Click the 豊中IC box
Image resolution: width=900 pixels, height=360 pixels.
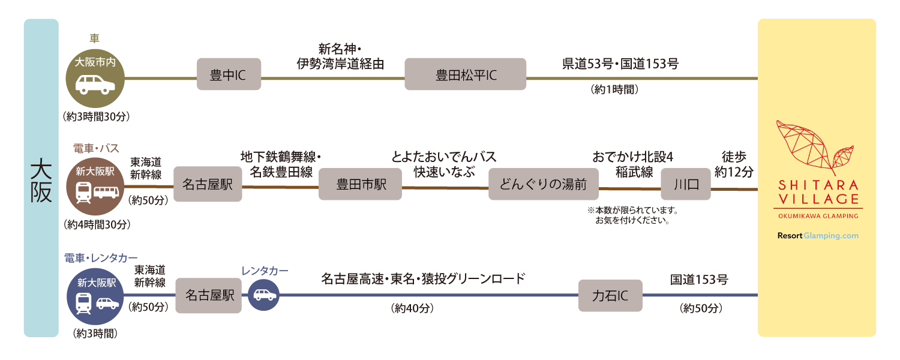pos(229,74)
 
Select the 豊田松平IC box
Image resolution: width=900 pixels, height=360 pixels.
pos(465,74)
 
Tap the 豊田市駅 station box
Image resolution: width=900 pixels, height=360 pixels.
pos(360,184)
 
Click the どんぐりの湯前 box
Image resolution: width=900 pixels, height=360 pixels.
pos(543,184)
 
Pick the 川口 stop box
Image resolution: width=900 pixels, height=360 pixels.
pos(685,184)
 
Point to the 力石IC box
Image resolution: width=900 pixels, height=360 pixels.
pos(610,296)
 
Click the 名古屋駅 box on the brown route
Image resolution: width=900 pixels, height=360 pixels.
pos(208,184)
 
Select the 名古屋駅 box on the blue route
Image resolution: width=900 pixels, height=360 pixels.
pos(208,296)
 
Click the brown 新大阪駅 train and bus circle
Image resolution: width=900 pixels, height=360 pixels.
pos(95,187)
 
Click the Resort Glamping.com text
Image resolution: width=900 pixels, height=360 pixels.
pos(817,236)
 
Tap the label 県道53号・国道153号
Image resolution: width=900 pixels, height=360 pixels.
pos(620,64)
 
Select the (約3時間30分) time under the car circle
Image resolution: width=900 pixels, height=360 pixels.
pos(96,116)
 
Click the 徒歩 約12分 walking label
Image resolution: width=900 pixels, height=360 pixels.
pos(734,164)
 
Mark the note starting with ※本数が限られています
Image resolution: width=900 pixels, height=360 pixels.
pos(632,215)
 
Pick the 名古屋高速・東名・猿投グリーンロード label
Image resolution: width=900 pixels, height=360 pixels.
pos(423,278)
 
